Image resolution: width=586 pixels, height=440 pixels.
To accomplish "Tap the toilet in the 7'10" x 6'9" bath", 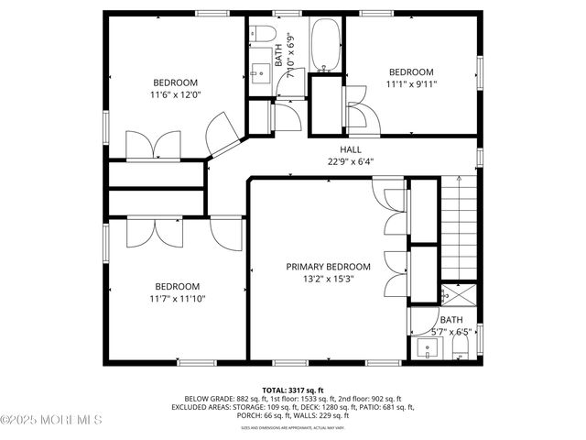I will (x=264, y=36).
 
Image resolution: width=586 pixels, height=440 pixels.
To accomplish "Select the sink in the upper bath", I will (x=259, y=72).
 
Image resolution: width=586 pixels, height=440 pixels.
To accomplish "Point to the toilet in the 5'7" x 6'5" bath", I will (x=461, y=348).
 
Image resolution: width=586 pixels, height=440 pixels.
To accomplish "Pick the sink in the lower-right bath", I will (x=428, y=348).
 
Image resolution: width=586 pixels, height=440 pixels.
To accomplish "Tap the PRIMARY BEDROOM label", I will (x=328, y=267).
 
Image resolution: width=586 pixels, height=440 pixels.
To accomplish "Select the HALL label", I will (x=351, y=149).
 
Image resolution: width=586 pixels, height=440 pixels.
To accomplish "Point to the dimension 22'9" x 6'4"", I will (x=351, y=161).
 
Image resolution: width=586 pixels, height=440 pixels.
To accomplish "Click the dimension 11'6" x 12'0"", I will (x=176, y=93).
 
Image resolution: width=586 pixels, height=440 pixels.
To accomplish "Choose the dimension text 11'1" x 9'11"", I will (x=411, y=84).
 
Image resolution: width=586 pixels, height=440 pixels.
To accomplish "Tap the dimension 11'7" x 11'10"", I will (x=176, y=298).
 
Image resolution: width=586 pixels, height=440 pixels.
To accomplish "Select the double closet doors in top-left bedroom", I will (x=152, y=146).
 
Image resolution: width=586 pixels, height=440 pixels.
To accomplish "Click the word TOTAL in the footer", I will (x=275, y=390).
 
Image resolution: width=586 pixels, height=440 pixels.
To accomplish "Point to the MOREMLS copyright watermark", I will (x=51, y=420).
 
